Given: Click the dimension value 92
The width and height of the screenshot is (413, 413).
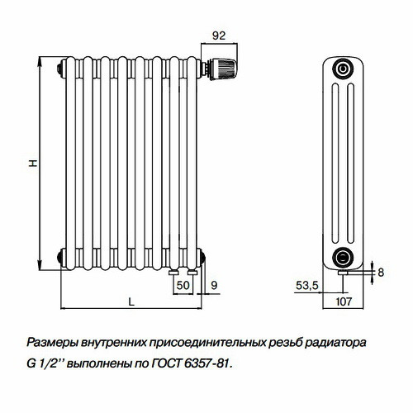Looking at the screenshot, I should (x=219, y=36).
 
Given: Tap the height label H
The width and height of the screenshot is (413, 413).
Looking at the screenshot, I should (x=32, y=164).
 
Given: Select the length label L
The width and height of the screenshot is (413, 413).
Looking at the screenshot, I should (x=131, y=301).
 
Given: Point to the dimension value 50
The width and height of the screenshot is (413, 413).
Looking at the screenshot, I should (x=182, y=285).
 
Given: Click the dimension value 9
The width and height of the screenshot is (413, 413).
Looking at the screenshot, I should (x=214, y=285).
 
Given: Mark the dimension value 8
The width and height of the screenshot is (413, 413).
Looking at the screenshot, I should (x=380, y=271).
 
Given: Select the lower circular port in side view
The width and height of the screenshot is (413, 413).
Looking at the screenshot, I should (x=344, y=254).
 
